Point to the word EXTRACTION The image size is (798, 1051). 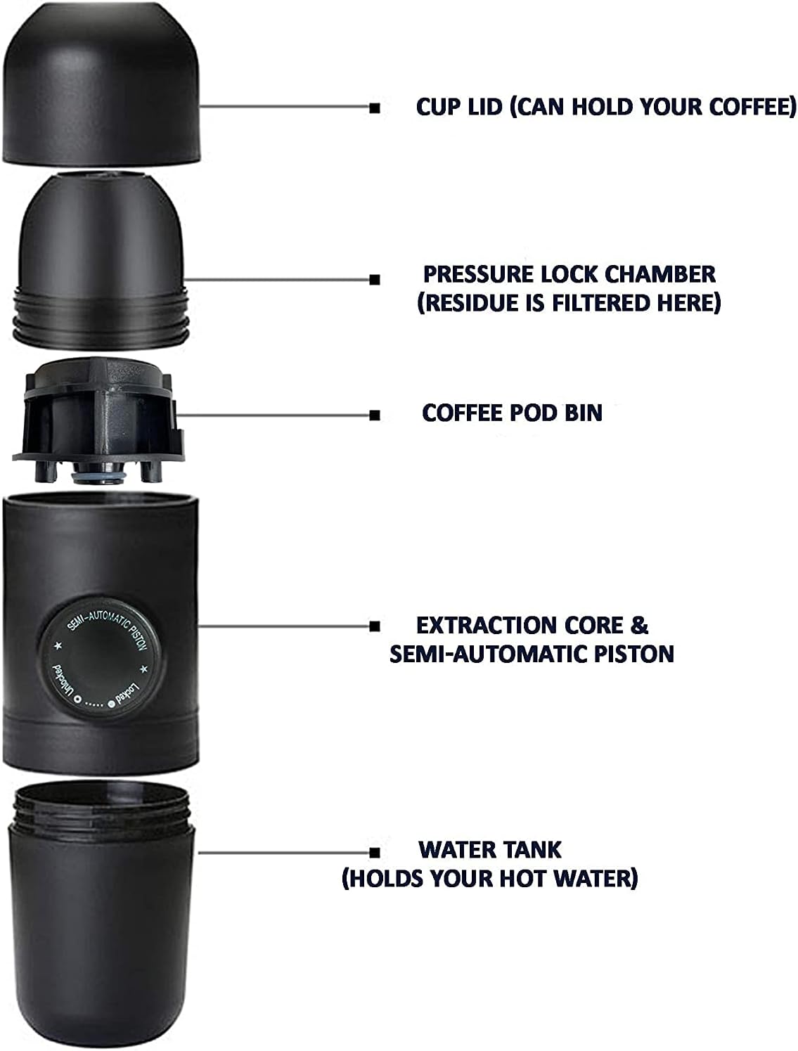click(486, 626)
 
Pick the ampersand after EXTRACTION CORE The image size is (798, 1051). click(638, 626)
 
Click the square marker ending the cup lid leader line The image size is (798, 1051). click(375, 108)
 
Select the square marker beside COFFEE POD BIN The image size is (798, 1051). click(375, 415)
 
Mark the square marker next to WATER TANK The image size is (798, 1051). click(375, 852)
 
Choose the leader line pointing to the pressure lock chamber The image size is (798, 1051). click(278, 280)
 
